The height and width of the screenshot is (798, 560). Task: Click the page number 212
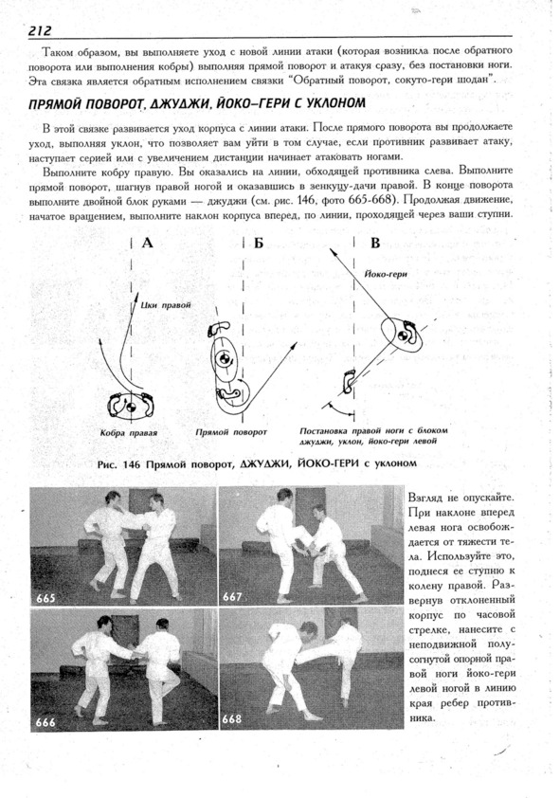(40, 30)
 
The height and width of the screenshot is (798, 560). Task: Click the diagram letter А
(147, 243)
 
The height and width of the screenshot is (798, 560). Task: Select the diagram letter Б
(259, 244)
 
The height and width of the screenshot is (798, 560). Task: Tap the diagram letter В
(375, 243)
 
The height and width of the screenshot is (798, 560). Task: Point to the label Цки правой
(165, 305)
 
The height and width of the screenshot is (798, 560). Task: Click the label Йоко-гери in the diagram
(386, 274)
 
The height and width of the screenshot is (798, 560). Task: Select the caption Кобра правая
(129, 433)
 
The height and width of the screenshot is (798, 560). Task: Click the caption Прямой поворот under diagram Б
(231, 432)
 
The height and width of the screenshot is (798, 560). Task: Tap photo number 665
(45, 598)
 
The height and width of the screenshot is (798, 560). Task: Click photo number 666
(45, 721)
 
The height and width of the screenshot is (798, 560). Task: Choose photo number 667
(232, 596)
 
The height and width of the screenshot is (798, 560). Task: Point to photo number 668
(232, 719)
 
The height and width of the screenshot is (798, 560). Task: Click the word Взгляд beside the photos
(426, 498)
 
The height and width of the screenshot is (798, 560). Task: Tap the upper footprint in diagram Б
(219, 328)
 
